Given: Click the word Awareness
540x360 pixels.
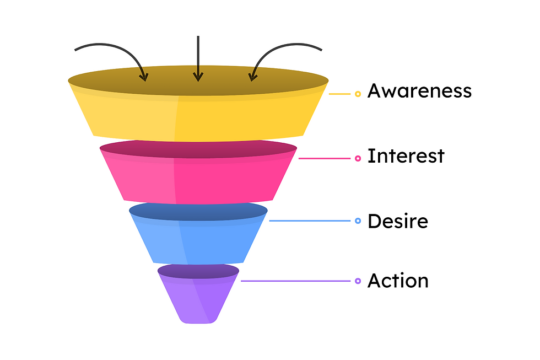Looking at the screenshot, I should [419, 91].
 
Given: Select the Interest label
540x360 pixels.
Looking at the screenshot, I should [406, 156].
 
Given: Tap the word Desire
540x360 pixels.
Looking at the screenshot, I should [397, 221].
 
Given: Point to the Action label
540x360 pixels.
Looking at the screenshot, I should [397, 281].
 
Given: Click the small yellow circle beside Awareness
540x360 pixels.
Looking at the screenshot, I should [358, 94].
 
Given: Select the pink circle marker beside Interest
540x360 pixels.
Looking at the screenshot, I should [358, 159].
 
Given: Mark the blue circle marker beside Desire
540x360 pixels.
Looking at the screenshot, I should [358, 221].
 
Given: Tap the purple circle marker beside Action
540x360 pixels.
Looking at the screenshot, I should [358, 281].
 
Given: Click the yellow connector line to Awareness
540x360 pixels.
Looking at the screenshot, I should [339, 94].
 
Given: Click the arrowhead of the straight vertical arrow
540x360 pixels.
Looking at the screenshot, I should [198, 78].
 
